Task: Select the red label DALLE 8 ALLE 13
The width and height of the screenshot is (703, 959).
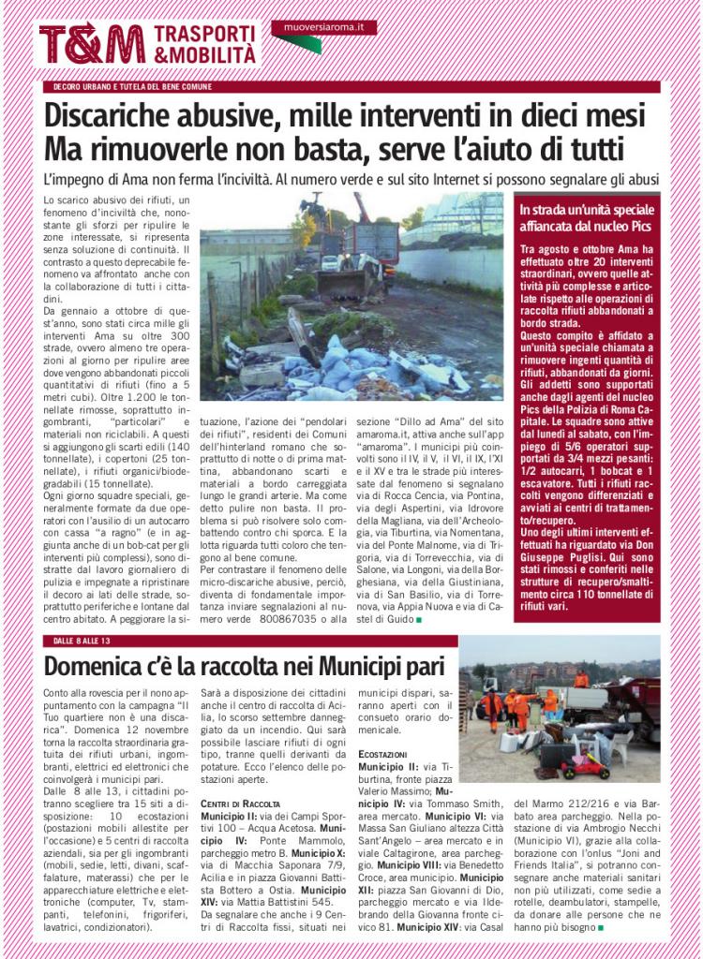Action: pos(83,640)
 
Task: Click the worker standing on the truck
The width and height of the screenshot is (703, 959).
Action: pos(582,678)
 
